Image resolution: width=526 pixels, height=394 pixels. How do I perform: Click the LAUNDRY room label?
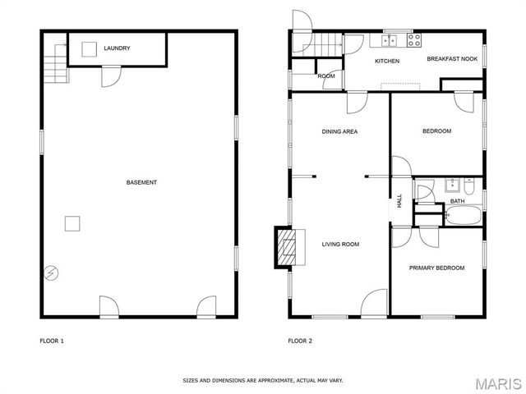pyautogui.click(x=117, y=48)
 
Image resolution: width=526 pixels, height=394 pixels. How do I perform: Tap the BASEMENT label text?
pyautogui.click(x=141, y=182)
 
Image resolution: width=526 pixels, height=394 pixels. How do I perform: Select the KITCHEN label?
pyautogui.click(x=387, y=62)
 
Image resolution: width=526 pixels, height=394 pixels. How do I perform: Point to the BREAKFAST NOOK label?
pyautogui.click(x=451, y=59)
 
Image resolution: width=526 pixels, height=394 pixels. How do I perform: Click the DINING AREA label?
pyautogui.click(x=339, y=131)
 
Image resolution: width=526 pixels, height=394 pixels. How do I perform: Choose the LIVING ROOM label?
pyautogui.click(x=340, y=244)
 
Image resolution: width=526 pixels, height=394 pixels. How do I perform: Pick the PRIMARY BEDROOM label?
pyautogui.click(x=437, y=268)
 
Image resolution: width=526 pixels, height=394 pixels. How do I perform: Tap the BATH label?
pyautogui.click(x=457, y=201)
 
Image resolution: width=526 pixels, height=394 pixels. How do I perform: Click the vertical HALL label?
pyautogui.click(x=400, y=200)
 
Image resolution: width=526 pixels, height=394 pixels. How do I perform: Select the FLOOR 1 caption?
pyautogui.click(x=52, y=341)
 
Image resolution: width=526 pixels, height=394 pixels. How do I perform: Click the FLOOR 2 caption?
pyautogui.click(x=299, y=341)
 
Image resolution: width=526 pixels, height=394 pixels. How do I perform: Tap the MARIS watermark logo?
pyautogui.click(x=497, y=383)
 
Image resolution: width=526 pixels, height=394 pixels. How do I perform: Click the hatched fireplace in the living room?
pyautogui.click(x=285, y=247)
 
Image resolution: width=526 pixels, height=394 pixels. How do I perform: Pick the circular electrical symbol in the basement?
pyautogui.click(x=51, y=272)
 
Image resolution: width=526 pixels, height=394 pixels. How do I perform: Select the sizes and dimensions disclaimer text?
pyautogui.click(x=262, y=381)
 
